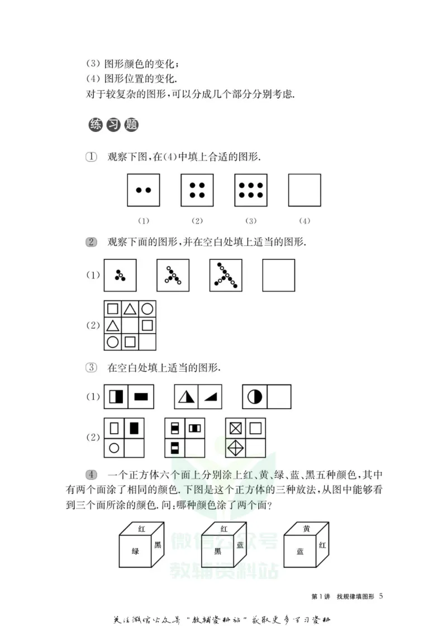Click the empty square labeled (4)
(x=305, y=190)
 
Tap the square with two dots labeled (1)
(x=144, y=190)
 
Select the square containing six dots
(x=251, y=190)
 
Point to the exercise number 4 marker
(x=92, y=475)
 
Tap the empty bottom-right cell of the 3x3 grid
(x=147, y=342)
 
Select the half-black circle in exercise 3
(x=255, y=397)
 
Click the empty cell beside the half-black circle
(x=279, y=397)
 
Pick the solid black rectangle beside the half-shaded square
(x=141, y=397)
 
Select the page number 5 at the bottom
(x=381, y=596)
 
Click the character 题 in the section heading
(x=132, y=125)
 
